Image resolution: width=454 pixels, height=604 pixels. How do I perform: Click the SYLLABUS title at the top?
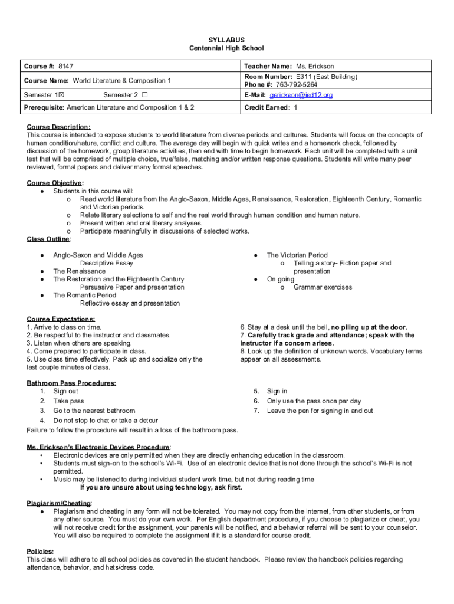pyautogui.click(x=226, y=40)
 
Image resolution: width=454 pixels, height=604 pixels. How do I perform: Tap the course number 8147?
pyautogui.click(x=66, y=67)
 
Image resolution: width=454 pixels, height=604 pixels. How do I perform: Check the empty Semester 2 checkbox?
pyautogui.click(x=144, y=95)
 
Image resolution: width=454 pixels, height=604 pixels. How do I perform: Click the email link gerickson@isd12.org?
pyautogui.click(x=301, y=95)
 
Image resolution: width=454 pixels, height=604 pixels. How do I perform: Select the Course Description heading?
pyautogui.click(x=58, y=127)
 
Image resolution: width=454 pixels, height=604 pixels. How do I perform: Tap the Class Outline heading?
pyautogui.click(x=49, y=239)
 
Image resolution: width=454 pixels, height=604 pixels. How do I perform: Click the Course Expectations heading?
pyautogui.click(x=60, y=319)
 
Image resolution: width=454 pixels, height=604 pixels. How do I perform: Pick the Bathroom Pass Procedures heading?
pyautogui.click(x=71, y=383)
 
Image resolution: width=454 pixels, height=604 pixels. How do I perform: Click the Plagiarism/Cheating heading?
pyautogui.click(x=58, y=503)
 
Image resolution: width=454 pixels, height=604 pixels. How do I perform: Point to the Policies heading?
pyautogui.click(x=40, y=552)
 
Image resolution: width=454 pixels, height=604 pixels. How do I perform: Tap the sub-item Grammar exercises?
pyautogui.click(x=323, y=287)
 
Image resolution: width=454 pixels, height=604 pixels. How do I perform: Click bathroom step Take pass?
pyautogui.click(x=68, y=401)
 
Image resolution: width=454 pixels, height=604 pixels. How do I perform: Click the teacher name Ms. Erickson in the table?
pyautogui.click(x=315, y=67)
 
